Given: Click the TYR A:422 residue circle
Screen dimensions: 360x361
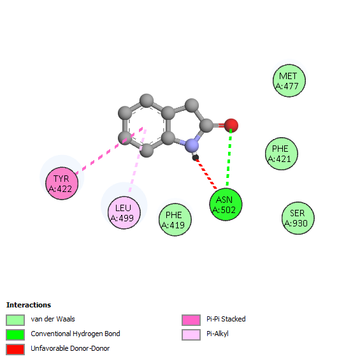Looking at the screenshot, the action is tap(62, 183).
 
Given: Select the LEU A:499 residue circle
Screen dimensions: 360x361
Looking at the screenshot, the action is tap(124, 212).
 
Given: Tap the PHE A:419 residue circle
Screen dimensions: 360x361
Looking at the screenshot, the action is tap(175, 219).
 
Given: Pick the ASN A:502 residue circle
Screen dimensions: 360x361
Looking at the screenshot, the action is tap(226, 205).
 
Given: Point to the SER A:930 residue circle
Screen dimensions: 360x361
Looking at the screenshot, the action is tap(298, 218).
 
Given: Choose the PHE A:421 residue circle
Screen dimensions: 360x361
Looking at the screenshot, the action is tap(282, 154).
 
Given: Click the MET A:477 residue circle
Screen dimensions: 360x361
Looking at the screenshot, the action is tap(289, 81).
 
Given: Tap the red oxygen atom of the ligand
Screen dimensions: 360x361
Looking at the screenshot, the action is tap(231, 126).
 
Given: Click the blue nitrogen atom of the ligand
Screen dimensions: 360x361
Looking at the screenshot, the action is tap(192, 145).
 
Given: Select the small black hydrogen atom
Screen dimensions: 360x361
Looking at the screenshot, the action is tap(196, 158).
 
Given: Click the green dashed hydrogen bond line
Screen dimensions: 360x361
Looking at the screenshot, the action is tap(229, 158).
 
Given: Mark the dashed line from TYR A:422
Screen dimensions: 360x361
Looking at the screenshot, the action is tap(109, 151).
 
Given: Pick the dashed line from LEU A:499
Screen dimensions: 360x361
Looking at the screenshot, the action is tap(138, 161).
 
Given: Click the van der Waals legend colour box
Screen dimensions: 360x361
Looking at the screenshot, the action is tap(15, 320).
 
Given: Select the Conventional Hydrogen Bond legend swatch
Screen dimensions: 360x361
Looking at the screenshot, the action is tap(15, 335).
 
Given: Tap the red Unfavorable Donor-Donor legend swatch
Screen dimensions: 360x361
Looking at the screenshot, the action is tap(15, 350).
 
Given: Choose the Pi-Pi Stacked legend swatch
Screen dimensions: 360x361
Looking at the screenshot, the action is tap(191, 320).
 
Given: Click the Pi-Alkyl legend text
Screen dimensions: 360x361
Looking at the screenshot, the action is tap(217, 334).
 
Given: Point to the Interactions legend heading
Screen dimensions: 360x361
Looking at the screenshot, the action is tap(29, 305).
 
